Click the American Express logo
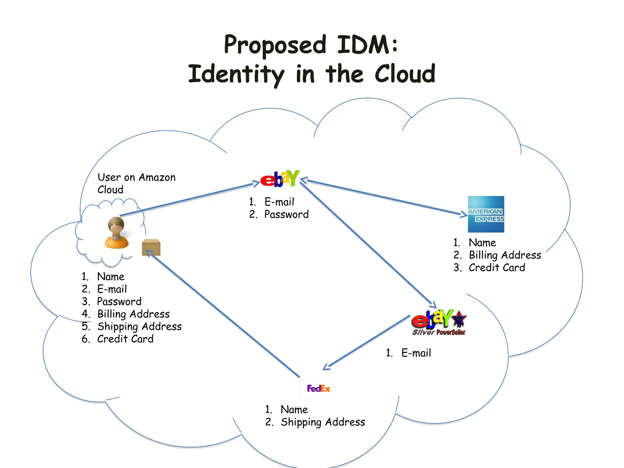click(x=486, y=214)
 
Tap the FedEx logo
click(x=318, y=388)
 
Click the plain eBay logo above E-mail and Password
click(x=280, y=179)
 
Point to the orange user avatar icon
click(x=116, y=233)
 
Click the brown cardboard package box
click(x=151, y=247)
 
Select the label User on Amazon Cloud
click(x=136, y=183)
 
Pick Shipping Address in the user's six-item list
click(x=139, y=327)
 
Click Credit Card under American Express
click(x=497, y=268)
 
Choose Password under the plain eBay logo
click(x=286, y=214)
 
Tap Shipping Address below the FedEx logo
click(x=323, y=422)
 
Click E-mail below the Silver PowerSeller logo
click(x=416, y=353)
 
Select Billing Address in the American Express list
click(x=505, y=255)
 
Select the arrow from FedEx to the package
click(x=224, y=314)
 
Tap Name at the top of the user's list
click(x=111, y=277)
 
